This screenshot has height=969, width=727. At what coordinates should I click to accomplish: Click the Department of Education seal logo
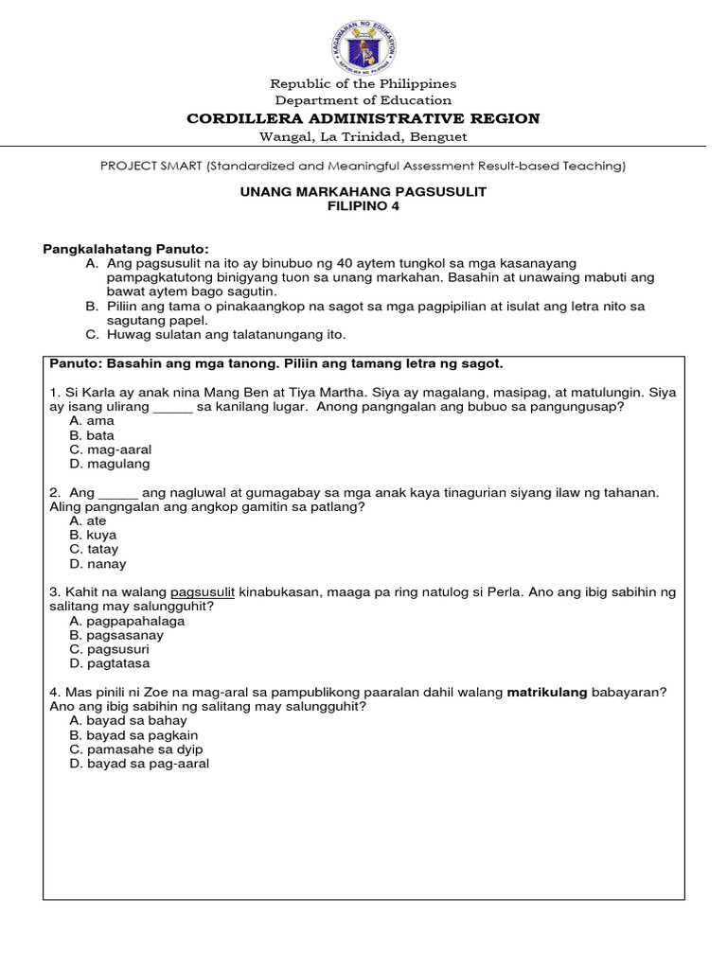[x=363, y=42]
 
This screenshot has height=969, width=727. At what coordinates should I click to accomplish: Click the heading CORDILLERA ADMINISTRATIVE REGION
[x=363, y=118]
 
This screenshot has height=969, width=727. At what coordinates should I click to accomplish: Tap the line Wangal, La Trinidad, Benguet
[x=363, y=137]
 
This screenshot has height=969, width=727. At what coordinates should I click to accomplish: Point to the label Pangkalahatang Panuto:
[x=126, y=248]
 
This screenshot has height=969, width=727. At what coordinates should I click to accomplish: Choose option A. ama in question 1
[x=92, y=421]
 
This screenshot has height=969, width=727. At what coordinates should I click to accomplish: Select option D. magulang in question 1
[x=109, y=464]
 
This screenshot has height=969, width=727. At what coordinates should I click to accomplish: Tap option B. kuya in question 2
[x=93, y=535]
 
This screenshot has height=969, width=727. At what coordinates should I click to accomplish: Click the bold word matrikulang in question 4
[x=547, y=693]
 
